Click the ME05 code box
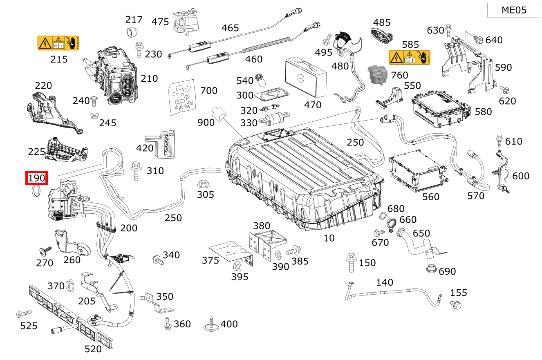point(513,10)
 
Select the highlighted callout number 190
point(37,178)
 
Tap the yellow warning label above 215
point(58,43)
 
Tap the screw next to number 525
point(23,314)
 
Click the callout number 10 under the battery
point(329,238)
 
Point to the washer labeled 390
point(279,255)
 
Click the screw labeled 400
point(211,324)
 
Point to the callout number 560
point(431,197)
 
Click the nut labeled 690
point(430,269)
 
